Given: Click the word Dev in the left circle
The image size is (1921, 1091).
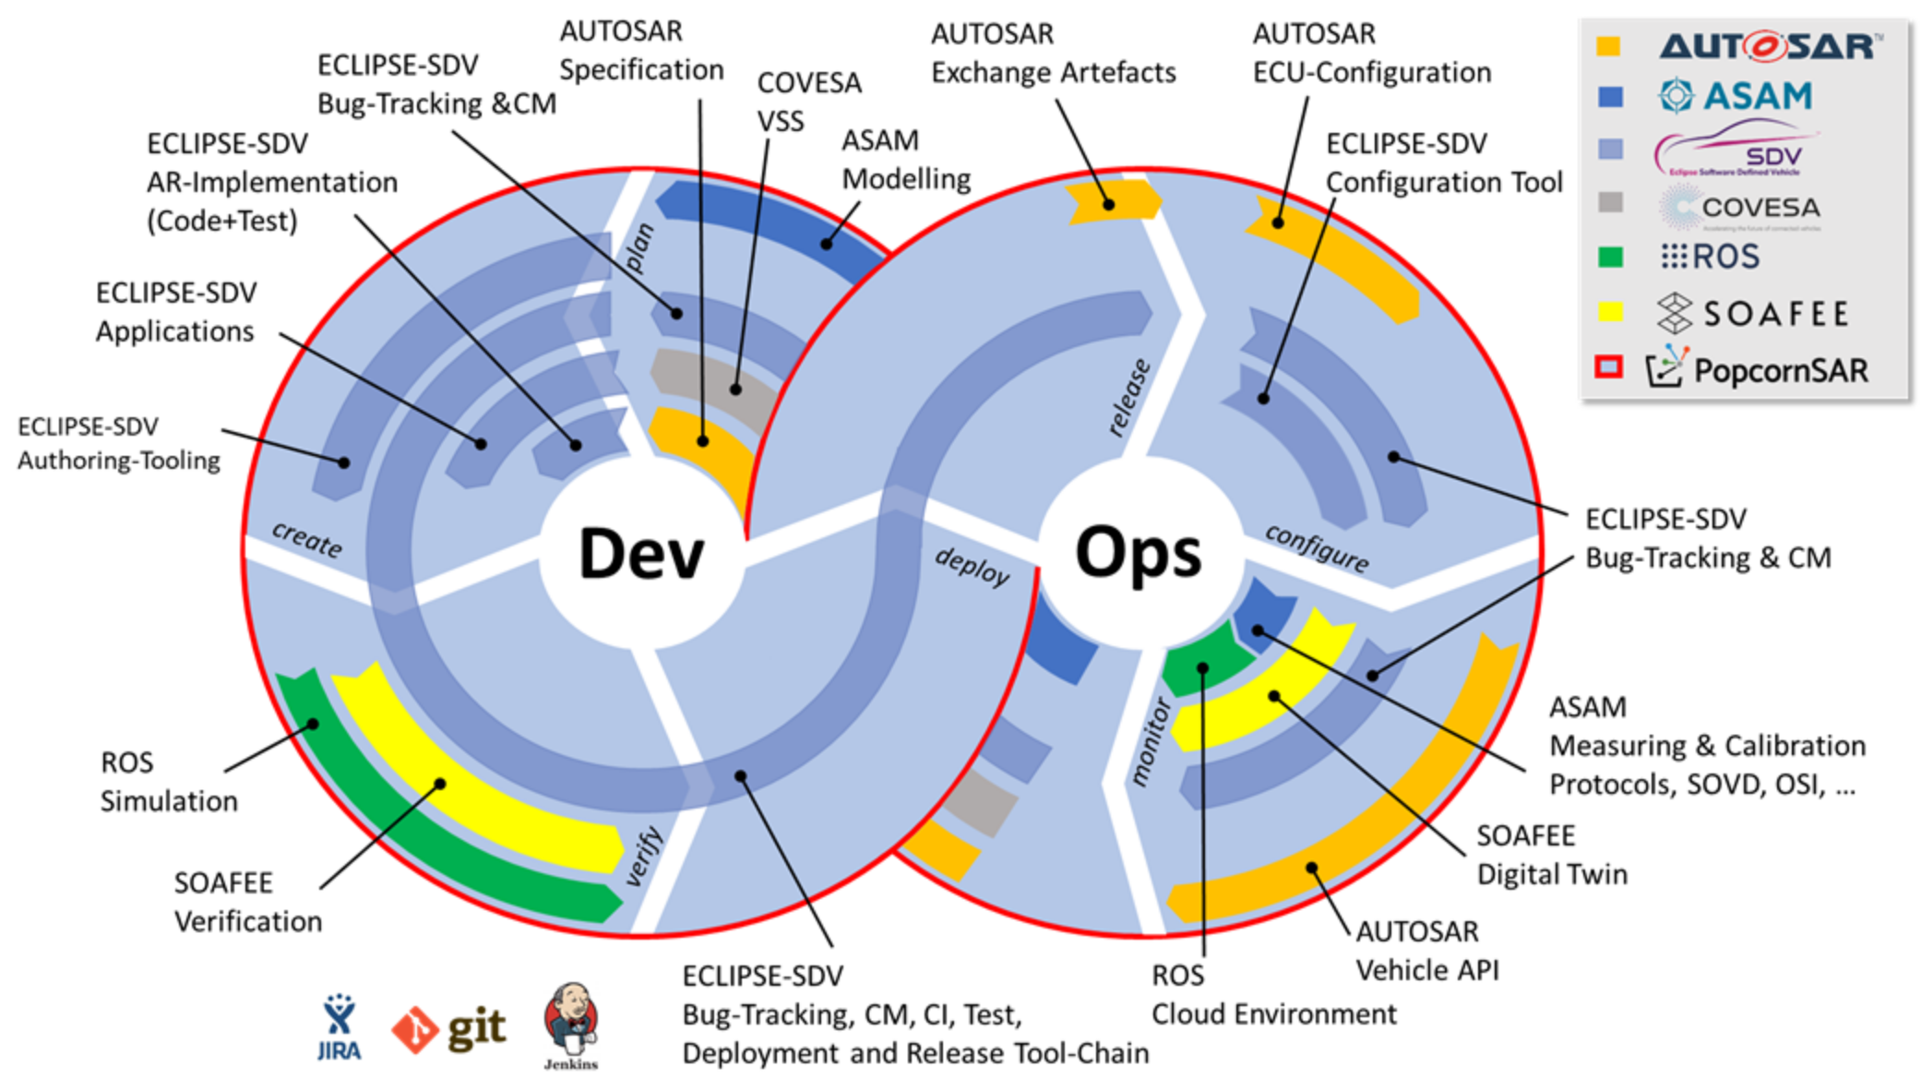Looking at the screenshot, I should (641, 554).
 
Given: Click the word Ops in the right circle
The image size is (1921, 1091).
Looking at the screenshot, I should (1139, 554).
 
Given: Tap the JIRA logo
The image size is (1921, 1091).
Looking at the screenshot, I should (339, 1027).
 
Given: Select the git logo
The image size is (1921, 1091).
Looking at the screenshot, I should (449, 1029).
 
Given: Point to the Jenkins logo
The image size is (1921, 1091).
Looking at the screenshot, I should (571, 1025).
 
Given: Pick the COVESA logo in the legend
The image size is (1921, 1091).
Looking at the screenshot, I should (1740, 208).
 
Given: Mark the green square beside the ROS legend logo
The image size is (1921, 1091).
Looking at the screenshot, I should (1610, 257).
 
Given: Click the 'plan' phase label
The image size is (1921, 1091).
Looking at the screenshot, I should (638, 247).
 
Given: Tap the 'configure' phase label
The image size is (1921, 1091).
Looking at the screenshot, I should (1317, 548).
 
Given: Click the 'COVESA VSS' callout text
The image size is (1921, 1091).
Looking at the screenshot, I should (808, 102).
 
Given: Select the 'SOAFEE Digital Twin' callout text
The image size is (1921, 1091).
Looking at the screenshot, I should (1551, 855).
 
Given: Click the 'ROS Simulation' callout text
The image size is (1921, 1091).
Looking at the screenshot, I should (168, 782).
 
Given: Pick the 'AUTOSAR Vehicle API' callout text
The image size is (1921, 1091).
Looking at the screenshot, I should (1426, 951).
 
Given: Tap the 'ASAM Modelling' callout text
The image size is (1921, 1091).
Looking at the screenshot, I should (905, 160).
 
